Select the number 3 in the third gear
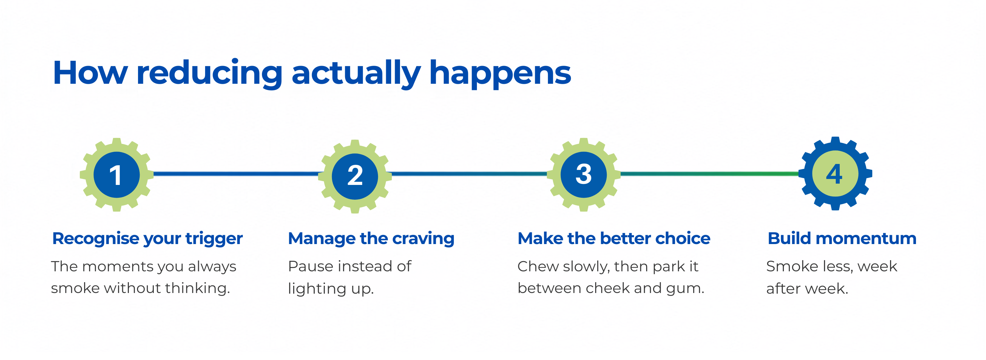pyautogui.click(x=584, y=174)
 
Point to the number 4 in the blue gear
pyautogui.click(x=834, y=174)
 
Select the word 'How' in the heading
pyautogui.click(x=90, y=73)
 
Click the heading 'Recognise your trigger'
pyautogui.click(x=147, y=239)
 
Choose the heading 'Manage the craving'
pyautogui.click(x=371, y=239)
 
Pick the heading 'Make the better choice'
pyautogui.click(x=614, y=238)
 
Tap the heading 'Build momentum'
pyautogui.click(x=842, y=238)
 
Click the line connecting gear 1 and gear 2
pyautogui.click(x=236, y=174)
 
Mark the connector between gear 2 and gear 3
pyautogui.click(x=469, y=174)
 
